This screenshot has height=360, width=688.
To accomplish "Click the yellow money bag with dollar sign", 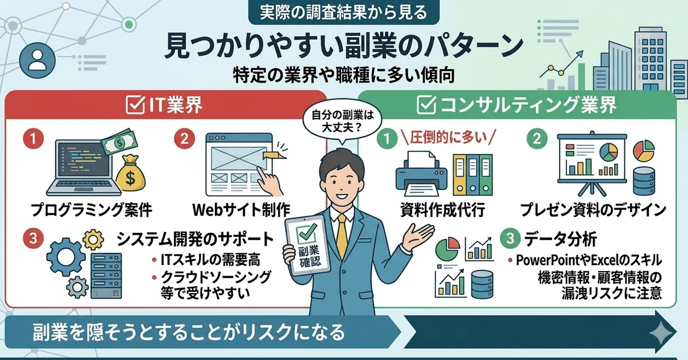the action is click(x=131, y=173).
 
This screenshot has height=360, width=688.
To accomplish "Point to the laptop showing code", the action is click(x=84, y=168).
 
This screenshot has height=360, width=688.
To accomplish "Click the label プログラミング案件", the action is click(x=91, y=210).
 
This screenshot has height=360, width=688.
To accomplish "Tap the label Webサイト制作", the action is click(x=241, y=210).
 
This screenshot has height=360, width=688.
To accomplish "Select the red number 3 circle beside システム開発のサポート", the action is click(x=33, y=238).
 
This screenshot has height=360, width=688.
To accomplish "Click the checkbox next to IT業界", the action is click(x=135, y=105).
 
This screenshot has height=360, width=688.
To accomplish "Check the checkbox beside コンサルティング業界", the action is click(x=427, y=105).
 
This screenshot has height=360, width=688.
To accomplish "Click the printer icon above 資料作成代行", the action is click(x=421, y=174).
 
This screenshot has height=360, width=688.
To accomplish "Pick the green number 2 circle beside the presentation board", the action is click(x=537, y=139).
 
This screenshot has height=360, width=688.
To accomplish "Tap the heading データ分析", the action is click(x=560, y=239).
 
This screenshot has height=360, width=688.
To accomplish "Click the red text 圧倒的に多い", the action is click(x=448, y=138).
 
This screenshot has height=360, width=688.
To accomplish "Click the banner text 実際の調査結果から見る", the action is click(x=343, y=12).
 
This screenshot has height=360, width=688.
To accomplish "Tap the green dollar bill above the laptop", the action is click(x=119, y=142).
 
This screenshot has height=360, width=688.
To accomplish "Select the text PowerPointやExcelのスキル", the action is click(x=589, y=260).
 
